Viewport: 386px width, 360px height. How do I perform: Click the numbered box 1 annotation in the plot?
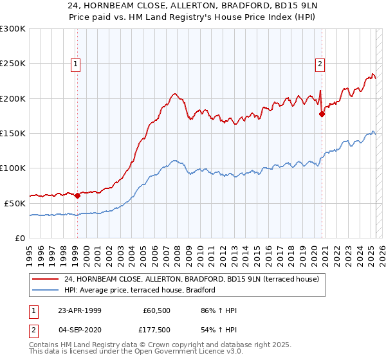76,63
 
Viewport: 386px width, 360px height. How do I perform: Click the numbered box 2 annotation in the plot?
320,63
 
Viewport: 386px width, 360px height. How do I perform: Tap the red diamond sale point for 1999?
78,195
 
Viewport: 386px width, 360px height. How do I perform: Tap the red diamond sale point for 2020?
322,114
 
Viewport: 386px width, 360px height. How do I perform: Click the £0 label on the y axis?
21,238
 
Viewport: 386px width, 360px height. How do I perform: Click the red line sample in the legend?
45,279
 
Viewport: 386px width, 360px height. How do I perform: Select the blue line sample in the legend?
45,291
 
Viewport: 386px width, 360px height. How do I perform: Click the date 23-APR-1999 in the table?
79,310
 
